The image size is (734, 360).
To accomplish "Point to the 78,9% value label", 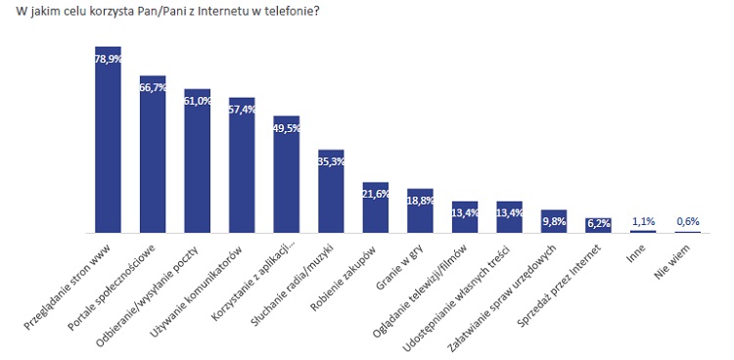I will pos(108,59).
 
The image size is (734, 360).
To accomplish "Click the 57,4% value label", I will pos(242,110).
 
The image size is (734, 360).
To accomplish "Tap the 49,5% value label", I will pos(287,128).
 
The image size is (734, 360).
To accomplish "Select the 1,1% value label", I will pos(642,221).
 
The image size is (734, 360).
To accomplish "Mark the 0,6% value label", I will pos(688,222).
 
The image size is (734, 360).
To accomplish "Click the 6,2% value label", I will pos(598,224).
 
